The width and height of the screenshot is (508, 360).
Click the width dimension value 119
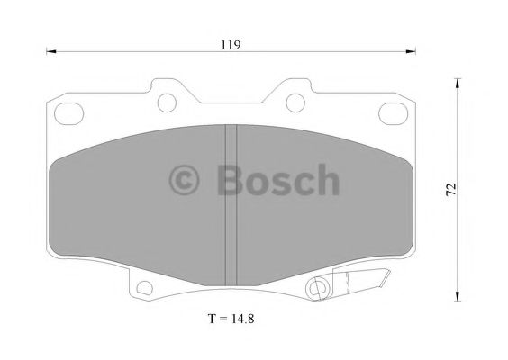click(231, 43)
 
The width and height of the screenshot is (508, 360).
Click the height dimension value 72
click(451, 189)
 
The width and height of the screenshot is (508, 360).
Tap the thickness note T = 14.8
click(230, 319)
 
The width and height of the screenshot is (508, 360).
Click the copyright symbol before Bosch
click(187, 180)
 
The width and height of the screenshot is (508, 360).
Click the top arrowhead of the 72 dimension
click(459, 83)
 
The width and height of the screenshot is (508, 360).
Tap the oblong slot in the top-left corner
click(68, 112)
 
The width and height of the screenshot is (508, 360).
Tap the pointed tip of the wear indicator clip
click(388, 275)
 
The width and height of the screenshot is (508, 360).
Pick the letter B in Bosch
click(231, 180)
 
